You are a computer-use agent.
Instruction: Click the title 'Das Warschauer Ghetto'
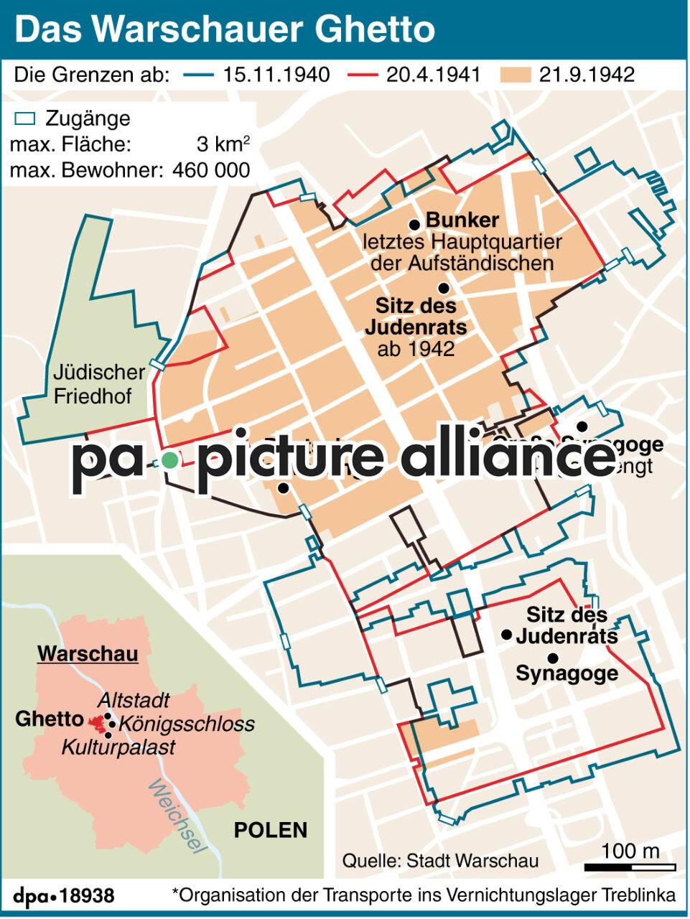(x=225, y=29)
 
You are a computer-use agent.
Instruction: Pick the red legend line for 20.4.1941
(x=363, y=75)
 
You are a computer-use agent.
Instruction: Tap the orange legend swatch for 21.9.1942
(x=516, y=75)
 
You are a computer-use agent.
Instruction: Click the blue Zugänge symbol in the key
(x=26, y=118)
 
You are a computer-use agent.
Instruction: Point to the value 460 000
(x=211, y=170)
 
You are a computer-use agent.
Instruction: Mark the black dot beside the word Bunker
(x=414, y=225)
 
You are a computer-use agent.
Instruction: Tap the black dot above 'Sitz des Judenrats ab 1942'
(x=444, y=288)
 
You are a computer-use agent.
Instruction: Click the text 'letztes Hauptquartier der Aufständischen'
(x=462, y=253)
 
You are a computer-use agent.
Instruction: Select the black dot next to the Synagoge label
(x=553, y=658)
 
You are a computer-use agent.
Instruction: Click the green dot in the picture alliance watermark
(x=169, y=461)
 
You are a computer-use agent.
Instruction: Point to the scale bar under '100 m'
(x=630, y=867)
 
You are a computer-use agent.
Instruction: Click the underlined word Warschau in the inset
(x=88, y=654)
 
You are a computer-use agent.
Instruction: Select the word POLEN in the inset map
(x=271, y=830)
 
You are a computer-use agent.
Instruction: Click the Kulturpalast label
(x=118, y=747)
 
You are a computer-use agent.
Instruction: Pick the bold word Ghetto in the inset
(x=50, y=719)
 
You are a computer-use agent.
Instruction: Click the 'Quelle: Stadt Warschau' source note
(x=440, y=860)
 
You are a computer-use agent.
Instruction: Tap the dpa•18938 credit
(x=64, y=896)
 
